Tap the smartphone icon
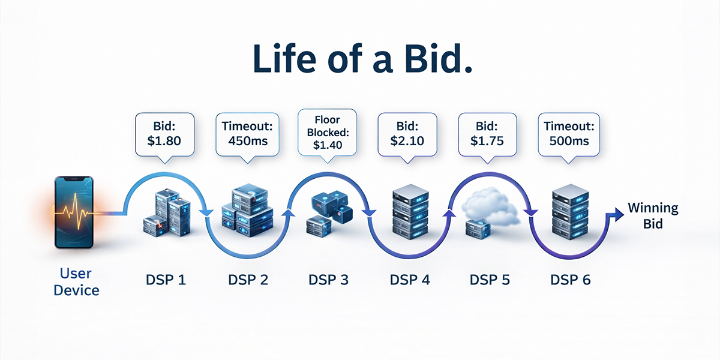[74, 212]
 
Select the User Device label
[76, 282]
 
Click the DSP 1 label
[166, 280]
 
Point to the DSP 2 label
[248, 280]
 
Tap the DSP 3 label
[329, 280]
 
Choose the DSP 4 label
[410, 280]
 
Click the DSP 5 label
[490, 280]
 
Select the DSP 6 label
[571, 280]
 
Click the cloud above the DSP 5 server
[490, 206]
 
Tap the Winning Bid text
[653, 215]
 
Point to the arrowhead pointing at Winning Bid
[619, 214]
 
